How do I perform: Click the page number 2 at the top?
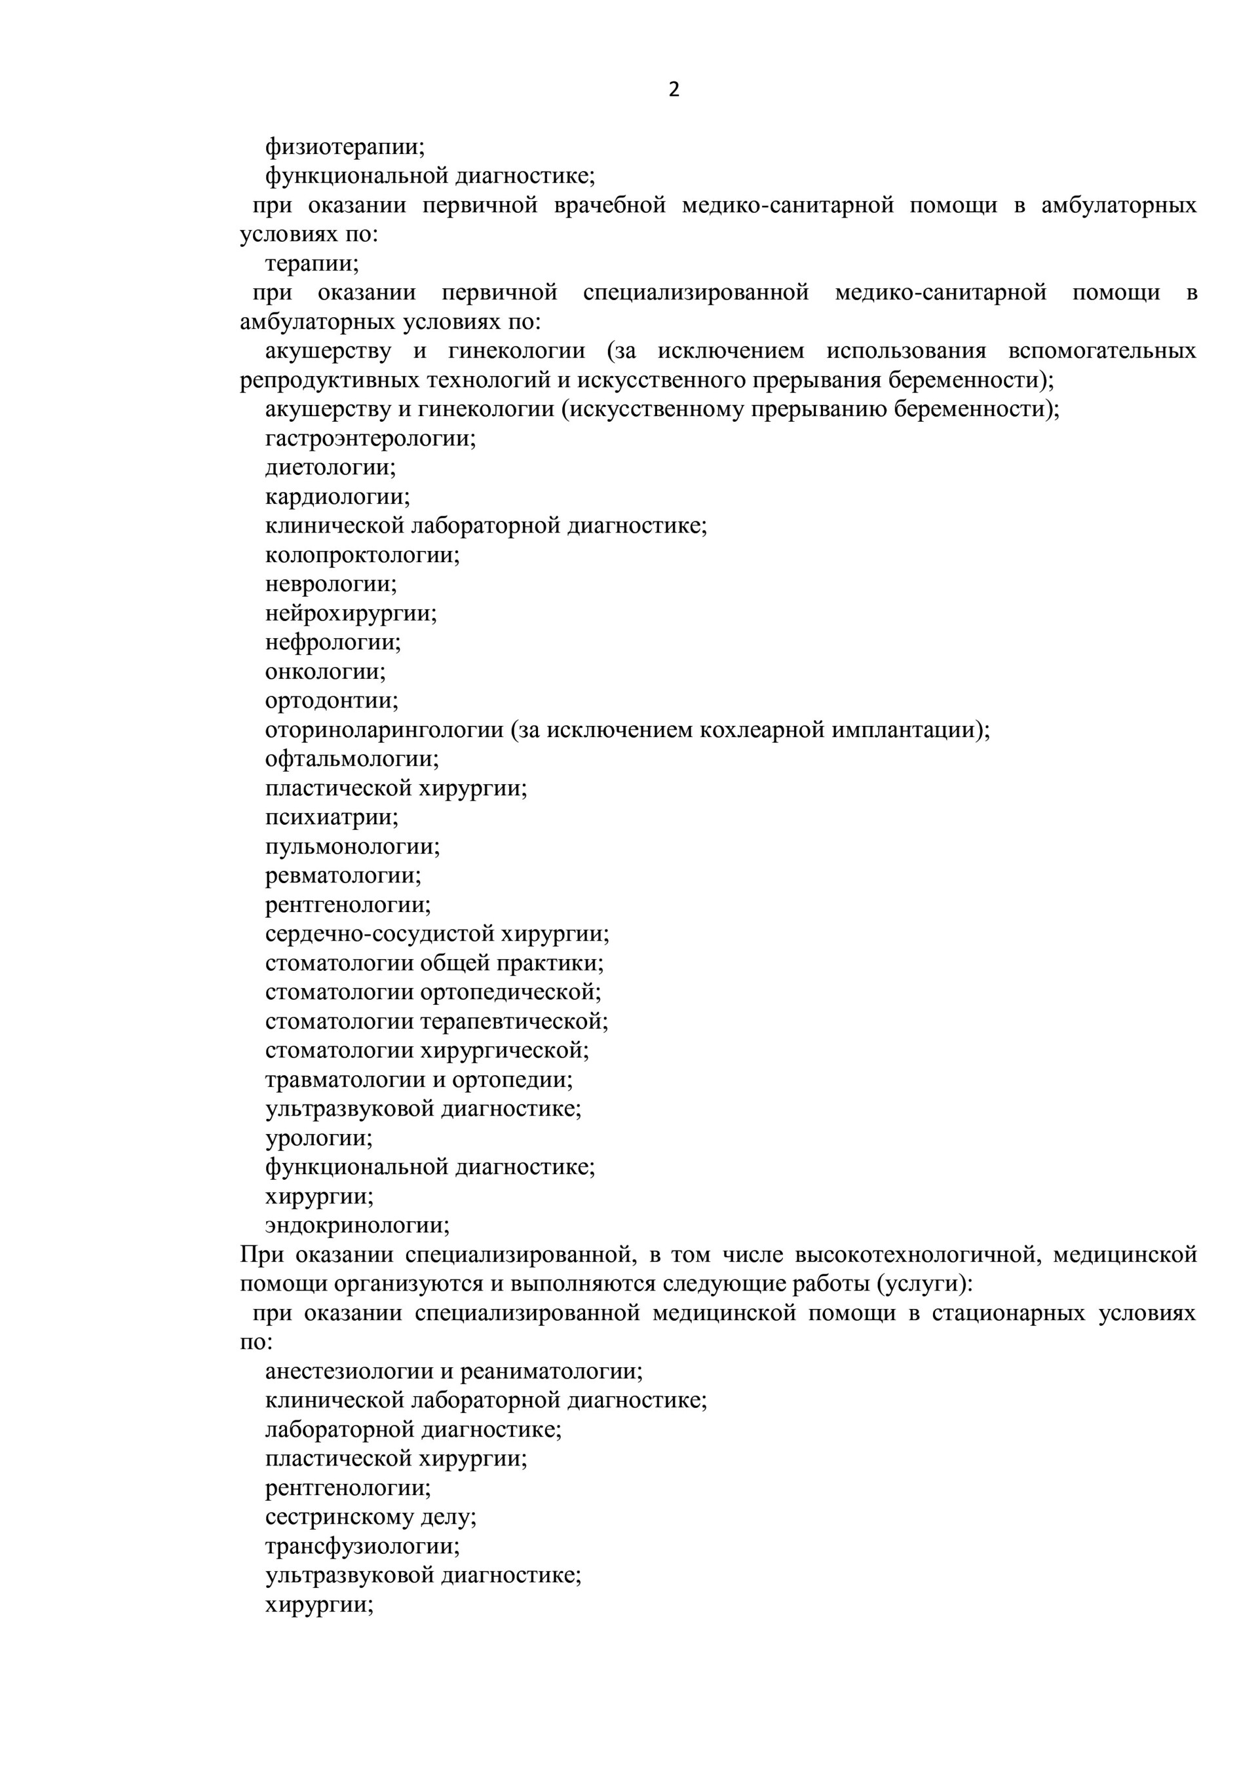pos(673,90)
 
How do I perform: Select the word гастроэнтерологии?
pos(370,439)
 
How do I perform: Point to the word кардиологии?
pos(337,497)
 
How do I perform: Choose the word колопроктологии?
pos(362,556)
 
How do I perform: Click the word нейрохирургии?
pos(350,613)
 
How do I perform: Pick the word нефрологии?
pos(332,643)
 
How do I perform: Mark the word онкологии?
pos(324,671)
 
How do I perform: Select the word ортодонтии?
pos(331,701)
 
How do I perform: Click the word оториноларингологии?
pos(383,730)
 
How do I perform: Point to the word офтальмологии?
pos(351,759)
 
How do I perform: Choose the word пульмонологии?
pos(352,846)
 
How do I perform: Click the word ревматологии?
pos(343,876)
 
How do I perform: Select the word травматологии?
pos(345,1080)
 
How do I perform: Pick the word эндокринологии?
pos(356,1225)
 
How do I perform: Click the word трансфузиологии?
pos(362,1547)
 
